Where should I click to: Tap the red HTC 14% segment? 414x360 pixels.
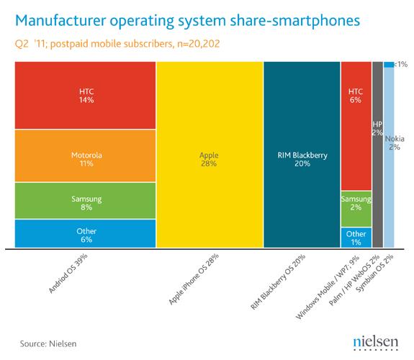86,96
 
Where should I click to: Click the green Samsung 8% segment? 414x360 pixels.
86,201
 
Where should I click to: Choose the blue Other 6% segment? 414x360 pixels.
86,234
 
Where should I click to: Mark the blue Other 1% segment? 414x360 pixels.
356,238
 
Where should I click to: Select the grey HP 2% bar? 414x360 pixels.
377,155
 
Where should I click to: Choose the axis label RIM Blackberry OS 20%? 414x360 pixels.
277,282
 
